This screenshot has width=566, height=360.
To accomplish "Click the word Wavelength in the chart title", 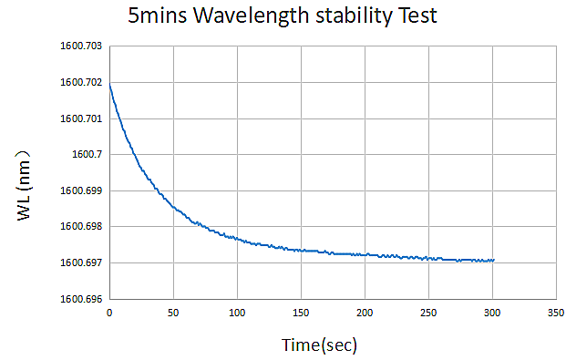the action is point(252,16).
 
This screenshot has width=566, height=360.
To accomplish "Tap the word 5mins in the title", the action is point(158,15).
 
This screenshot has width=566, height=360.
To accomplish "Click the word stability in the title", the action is point(354,16).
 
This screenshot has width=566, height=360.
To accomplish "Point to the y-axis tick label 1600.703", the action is point(81,46).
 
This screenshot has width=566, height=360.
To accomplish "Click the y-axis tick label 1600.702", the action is point(81,82).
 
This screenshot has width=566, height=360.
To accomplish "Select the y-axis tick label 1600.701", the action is point(81,118).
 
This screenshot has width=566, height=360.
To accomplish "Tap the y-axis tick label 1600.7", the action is point(87,155).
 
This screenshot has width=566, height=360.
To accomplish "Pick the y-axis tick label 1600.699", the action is point(81,190).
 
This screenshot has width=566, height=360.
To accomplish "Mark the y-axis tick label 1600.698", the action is point(81,226).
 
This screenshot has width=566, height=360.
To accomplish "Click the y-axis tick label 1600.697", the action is point(81,262).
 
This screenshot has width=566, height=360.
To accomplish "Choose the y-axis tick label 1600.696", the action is point(81,299).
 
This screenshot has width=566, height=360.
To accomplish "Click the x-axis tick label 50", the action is point(173,313).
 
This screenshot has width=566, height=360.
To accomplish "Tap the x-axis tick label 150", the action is point(301,313).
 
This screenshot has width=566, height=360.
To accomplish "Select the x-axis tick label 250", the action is point(428,313).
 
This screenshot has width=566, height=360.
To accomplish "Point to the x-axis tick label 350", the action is point(556,313).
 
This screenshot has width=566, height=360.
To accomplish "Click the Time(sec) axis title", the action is point(319,345).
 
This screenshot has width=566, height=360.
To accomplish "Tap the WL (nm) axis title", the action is point(24,185).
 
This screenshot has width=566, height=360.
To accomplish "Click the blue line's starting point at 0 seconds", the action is point(109,84).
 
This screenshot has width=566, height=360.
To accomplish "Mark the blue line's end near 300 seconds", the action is point(494,260).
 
